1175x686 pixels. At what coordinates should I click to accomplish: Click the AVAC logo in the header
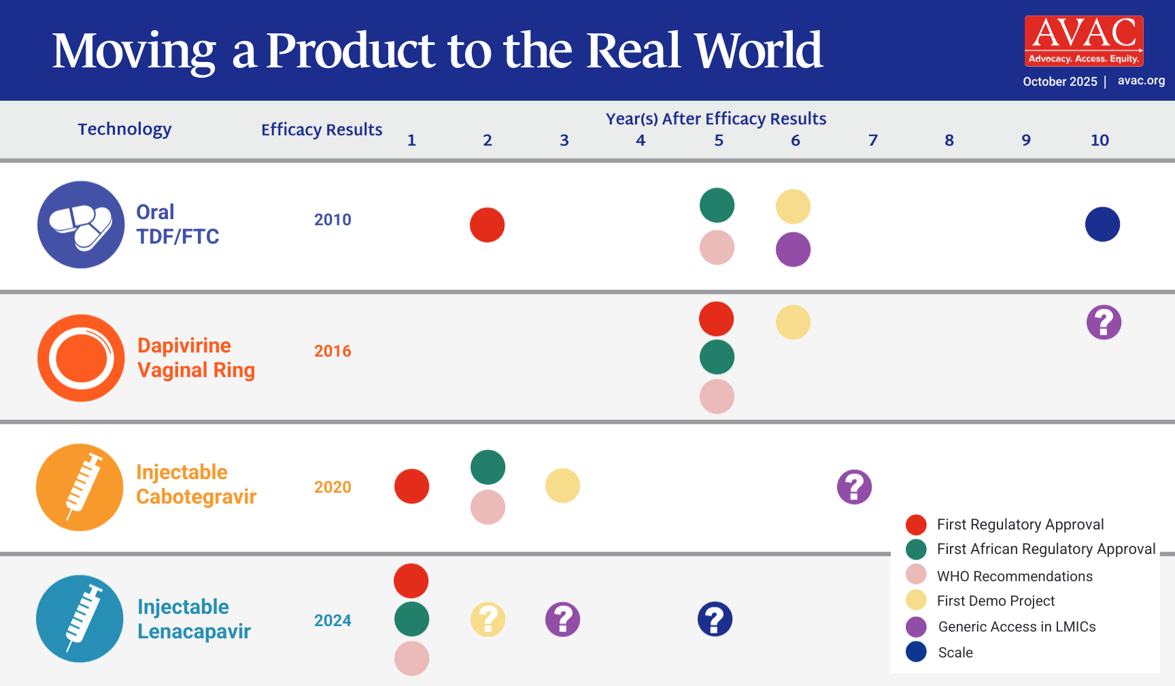tap(1084, 41)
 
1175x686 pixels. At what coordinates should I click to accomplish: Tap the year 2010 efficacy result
tap(333, 220)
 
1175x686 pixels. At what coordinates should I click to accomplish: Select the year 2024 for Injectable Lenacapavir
tap(333, 621)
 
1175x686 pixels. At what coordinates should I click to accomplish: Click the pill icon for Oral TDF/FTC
tap(81, 225)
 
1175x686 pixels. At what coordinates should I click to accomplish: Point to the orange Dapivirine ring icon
tap(81, 358)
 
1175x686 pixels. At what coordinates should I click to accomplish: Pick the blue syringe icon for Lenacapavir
tap(80, 619)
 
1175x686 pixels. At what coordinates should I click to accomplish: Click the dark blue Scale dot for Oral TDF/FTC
tap(1102, 225)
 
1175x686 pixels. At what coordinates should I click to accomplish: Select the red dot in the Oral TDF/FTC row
tap(487, 225)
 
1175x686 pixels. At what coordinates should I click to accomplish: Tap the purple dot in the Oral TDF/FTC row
tap(793, 249)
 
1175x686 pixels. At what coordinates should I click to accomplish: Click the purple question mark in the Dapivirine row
tap(1104, 323)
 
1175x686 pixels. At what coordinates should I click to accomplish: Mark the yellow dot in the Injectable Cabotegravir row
tap(562, 486)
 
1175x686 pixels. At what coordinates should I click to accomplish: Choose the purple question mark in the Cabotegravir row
tap(854, 487)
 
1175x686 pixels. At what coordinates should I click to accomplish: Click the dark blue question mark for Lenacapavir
tap(715, 619)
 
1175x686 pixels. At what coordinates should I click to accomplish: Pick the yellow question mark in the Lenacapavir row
tap(488, 619)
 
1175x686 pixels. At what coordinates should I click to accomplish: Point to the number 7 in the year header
tap(873, 140)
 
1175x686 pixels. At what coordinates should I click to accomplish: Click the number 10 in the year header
tap(1100, 140)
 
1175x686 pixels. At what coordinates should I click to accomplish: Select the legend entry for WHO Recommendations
tap(1014, 576)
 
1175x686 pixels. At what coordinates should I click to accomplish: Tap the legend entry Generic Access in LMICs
tap(1016, 627)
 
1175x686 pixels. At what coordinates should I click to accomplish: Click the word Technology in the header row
tap(124, 129)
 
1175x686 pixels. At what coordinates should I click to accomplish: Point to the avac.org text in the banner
tap(1141, 80)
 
